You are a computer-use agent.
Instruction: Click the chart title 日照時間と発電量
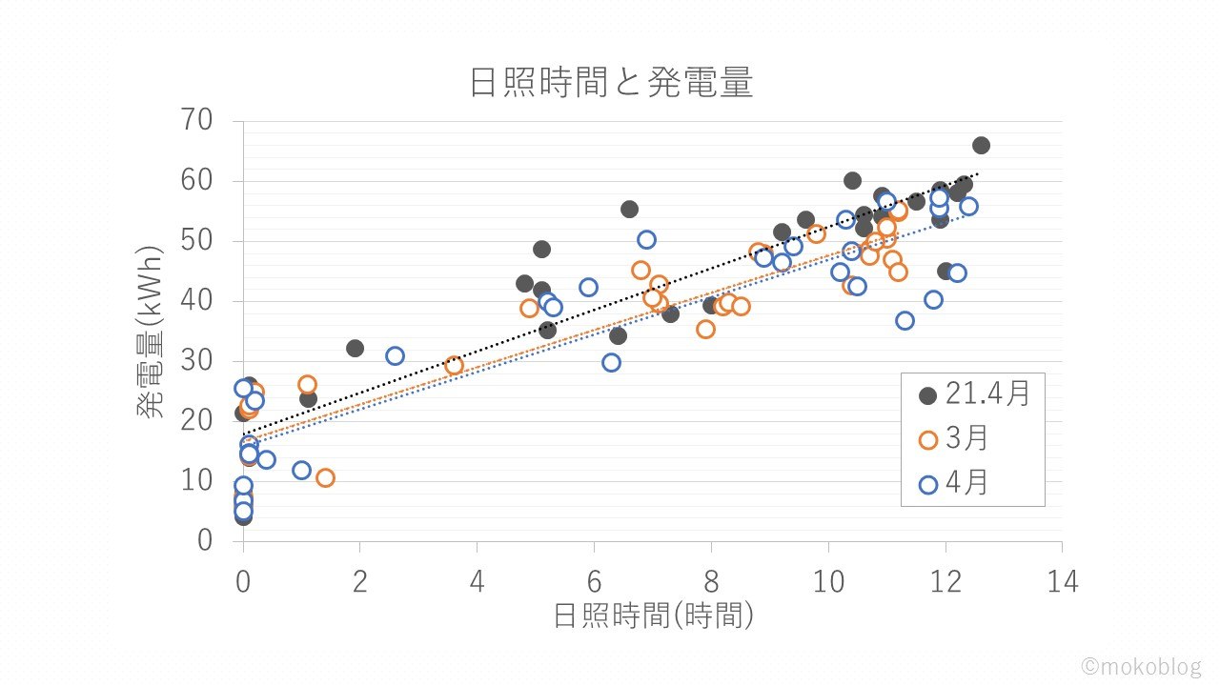(611, 84)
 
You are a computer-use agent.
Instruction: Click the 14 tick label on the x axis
(1062, 580)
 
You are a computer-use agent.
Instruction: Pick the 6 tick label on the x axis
(594, 580)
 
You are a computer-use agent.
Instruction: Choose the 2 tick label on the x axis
(360, 580)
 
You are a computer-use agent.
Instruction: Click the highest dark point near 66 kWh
(981, 145)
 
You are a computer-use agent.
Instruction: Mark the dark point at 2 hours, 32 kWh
(355, 348)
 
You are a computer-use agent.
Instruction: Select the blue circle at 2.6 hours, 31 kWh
(395, 355)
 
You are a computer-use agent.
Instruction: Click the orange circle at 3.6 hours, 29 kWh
(454, 365)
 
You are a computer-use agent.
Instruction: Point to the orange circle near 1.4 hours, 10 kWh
(325, 477)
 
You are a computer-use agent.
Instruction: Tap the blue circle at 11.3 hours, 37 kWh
(905, 320)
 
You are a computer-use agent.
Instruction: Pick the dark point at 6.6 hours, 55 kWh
(629, 209)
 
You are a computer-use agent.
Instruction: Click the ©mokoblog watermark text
(1140, 667)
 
